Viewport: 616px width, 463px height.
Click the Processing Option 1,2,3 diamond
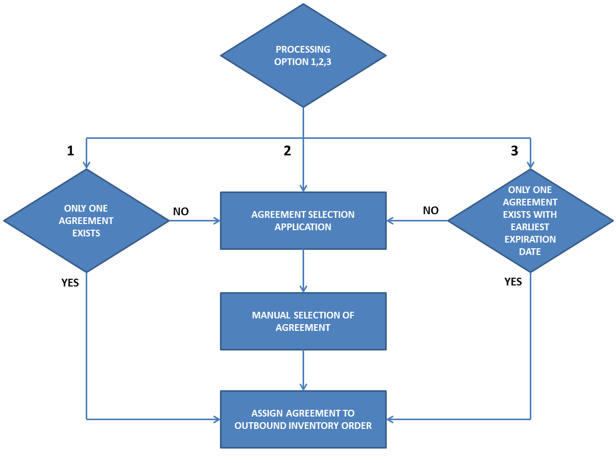click(x=303, y=55)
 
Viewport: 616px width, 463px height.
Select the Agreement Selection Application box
click(x=303, y=220)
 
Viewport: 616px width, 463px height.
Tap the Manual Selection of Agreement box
click(x=303, y=321)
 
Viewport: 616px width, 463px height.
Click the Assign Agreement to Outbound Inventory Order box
click(x=303, y=419)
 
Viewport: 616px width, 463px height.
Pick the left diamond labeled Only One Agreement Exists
click(x=86, y=220)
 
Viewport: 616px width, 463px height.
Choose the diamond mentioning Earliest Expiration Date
click(x=530, y=220)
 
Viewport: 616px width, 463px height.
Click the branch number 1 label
click(x=71, y=151)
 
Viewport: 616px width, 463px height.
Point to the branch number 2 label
click(x=287, y=151)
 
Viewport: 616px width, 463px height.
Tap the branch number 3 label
click(x=514, y=151)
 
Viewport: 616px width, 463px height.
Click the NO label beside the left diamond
click(x=181, y=212)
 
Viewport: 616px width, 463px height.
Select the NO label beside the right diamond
click(x=431, y=211)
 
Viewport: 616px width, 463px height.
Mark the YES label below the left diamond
click(x=70, y=283)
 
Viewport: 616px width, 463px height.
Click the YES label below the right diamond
click(x=513, y=282)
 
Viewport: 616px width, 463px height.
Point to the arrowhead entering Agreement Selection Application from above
click(x=303, y=188)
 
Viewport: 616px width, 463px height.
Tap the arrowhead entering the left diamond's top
click(x=86, y=165)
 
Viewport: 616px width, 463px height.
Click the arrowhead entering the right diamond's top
click(x=530, y=165)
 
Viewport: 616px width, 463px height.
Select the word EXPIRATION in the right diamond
click(x=530, y=240)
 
